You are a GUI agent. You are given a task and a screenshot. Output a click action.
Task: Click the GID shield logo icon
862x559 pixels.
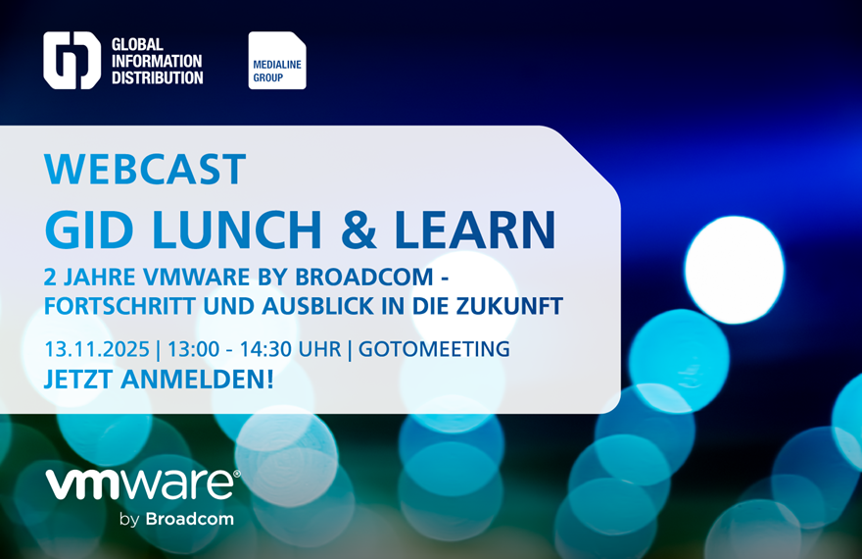[72, 61]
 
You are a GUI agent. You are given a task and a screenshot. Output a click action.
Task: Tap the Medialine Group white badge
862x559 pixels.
[277, 61]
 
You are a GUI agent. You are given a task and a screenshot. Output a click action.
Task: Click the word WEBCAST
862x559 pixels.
[145, 170]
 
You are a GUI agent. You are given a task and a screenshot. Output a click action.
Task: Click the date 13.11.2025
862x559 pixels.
[97, 349]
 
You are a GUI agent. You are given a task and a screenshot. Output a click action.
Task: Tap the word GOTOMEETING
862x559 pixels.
[435, 349]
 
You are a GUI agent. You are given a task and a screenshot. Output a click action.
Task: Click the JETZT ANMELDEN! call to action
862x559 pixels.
[159, 379]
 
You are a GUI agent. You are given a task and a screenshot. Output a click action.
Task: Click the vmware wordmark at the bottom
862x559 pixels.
[141, 485]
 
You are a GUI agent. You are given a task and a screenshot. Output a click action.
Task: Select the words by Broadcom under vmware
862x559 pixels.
[176, 519]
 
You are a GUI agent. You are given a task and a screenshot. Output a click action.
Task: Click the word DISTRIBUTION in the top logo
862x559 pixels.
[157, 77]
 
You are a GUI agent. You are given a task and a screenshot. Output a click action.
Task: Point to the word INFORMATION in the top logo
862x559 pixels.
[157, 61]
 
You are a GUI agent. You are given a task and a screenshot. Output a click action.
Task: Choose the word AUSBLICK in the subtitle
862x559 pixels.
[319, 306]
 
